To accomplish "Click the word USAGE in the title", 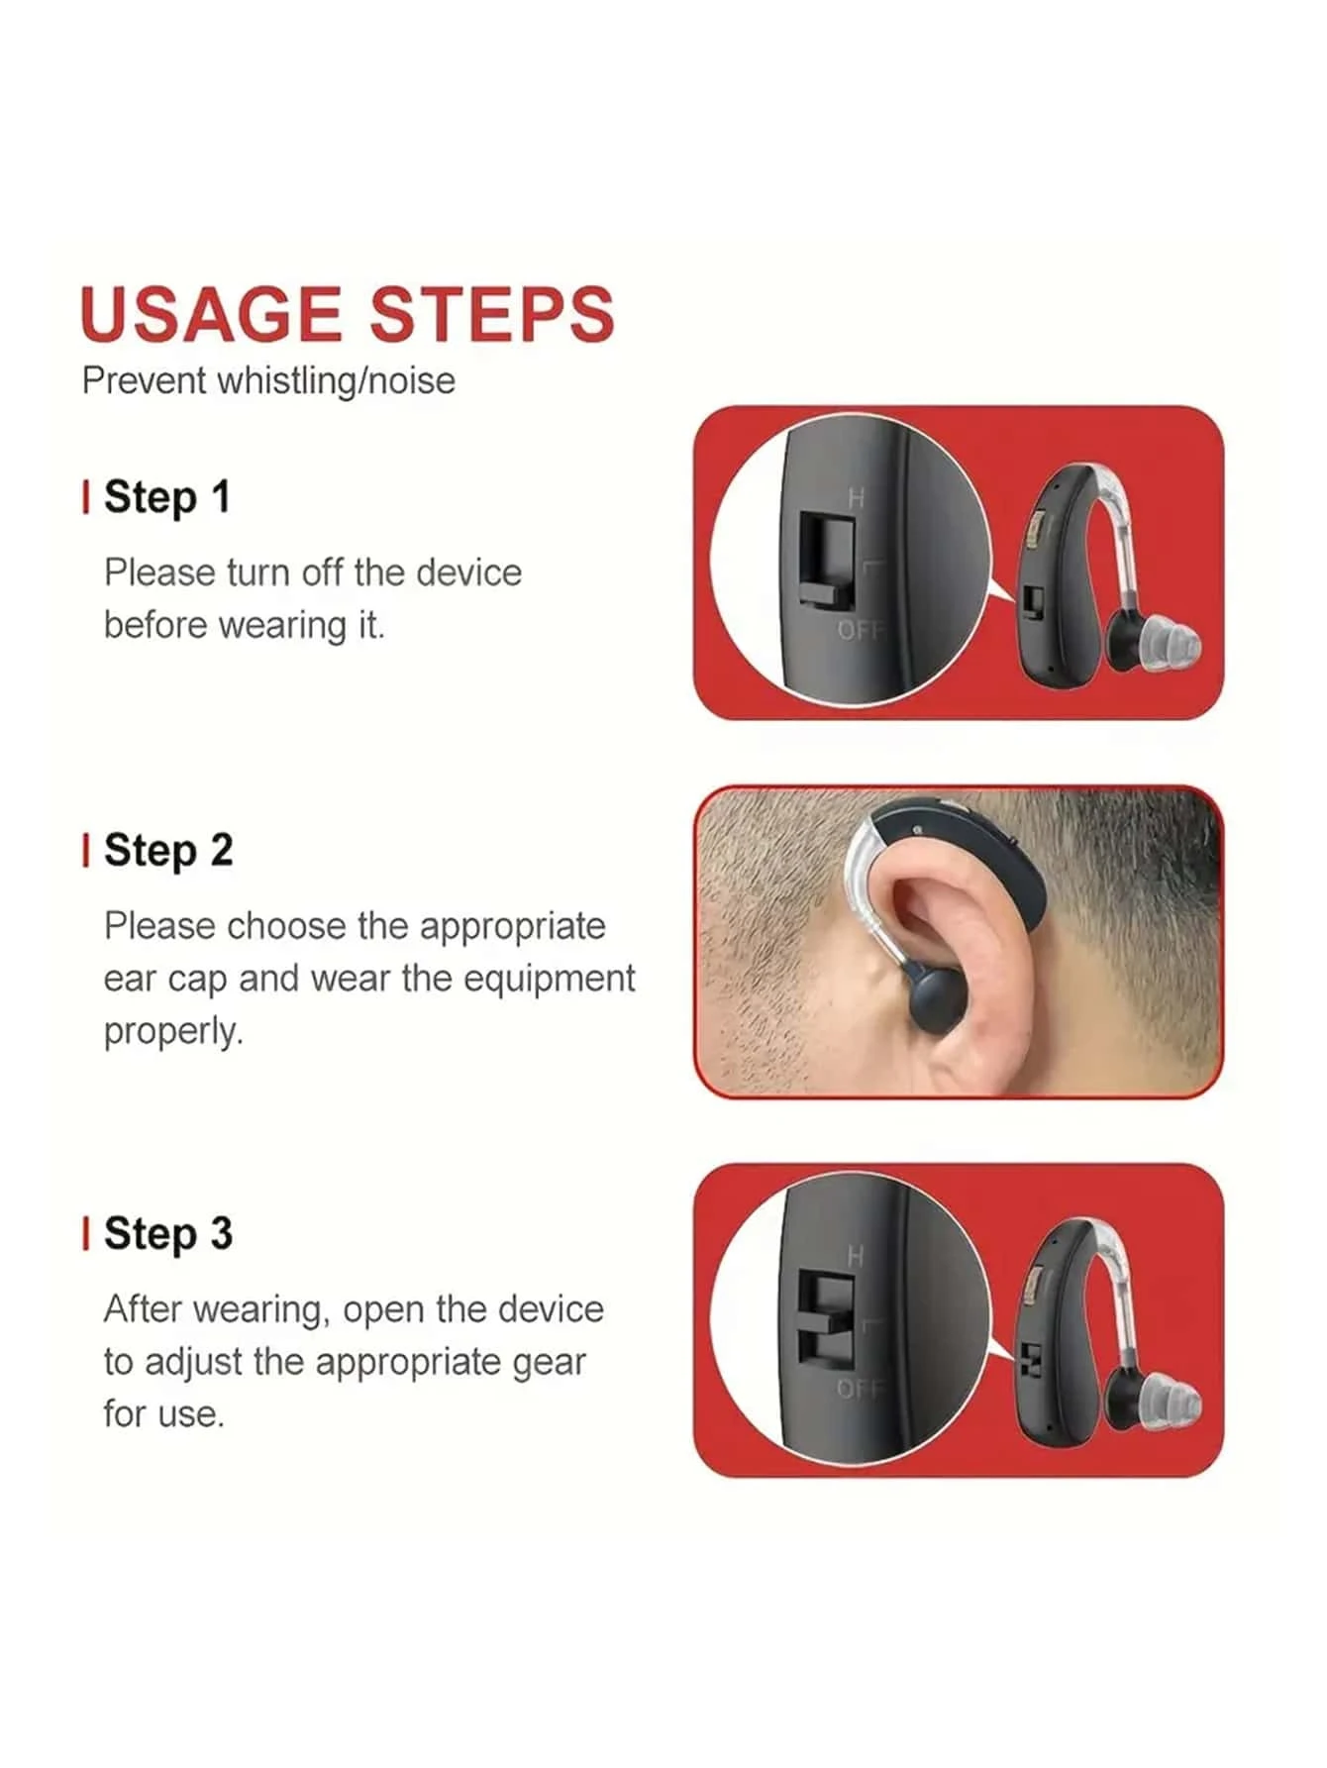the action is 211,314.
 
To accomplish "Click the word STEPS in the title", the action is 492,314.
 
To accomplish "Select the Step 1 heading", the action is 166,497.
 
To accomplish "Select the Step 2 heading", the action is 168,851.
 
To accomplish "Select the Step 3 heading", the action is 168,1234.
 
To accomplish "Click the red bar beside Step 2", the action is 86,851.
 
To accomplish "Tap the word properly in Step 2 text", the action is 173,1032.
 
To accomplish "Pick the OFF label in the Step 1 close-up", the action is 860,630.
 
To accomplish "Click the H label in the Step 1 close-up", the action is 856,498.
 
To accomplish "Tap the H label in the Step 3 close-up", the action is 856,1256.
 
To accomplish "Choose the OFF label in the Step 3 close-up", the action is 860,1389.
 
